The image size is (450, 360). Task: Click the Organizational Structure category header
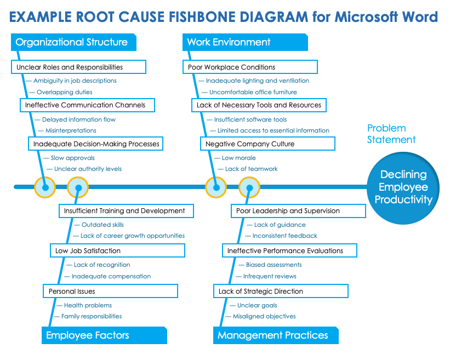(x=73, y=42)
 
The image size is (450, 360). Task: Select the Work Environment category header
(x=244, y=42)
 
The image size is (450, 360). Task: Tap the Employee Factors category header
(x=104, y=335)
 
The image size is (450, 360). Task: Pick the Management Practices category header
(x=276, y=335)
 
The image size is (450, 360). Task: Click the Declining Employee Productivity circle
(x=403, y=187)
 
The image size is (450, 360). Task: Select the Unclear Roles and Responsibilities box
(x=78, y=67)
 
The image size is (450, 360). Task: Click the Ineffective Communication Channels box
(x=87, y=105)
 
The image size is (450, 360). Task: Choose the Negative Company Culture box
(x=267, y=144)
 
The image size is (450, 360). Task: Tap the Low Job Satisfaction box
(x=117, y=250)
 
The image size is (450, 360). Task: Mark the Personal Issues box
(x=110, y=291)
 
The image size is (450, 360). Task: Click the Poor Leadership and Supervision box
(x=298, y=210)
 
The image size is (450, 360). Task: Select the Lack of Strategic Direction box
(x=280, y=291)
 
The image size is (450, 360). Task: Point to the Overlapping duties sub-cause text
(x=64, y=92)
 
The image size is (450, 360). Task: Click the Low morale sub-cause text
(x=238, y=158)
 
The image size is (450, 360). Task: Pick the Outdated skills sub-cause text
(x=102, y=225)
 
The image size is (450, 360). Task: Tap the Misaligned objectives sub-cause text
(x=264, y=316)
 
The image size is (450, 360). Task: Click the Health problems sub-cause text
(x=88, y=305)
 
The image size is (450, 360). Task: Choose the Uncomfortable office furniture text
(x=253, y=92)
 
